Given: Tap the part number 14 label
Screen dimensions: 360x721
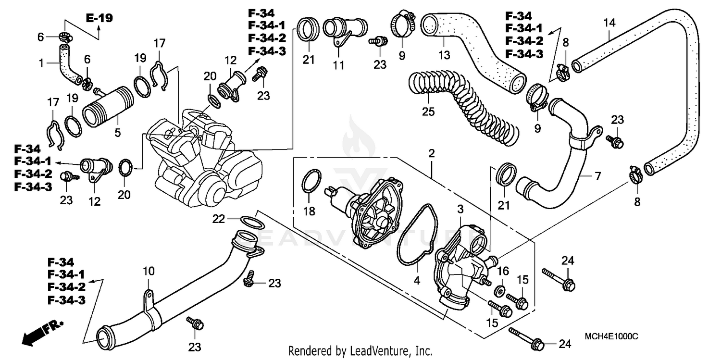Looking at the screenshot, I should (x=609, y=22).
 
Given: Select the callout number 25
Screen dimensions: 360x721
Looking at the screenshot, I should (x=428, y=112).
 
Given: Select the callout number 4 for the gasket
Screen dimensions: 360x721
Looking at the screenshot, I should (x=417, y=280).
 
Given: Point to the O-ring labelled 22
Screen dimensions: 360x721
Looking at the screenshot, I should (x=250, y=223).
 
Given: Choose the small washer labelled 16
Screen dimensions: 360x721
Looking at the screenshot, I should (x=500, y=291).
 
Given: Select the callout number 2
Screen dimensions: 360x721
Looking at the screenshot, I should (x=432, y=154).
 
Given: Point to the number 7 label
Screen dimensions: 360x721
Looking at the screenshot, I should (x=597, y=176).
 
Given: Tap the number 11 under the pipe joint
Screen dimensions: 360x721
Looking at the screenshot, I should (x=339, y=64).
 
